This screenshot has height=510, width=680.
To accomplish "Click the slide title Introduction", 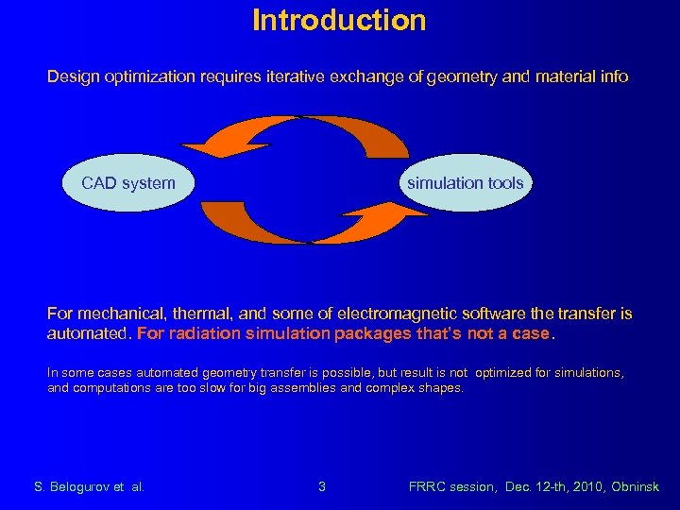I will click(x=339, y=20).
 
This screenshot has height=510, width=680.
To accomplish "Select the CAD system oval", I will click(x=128, y=183).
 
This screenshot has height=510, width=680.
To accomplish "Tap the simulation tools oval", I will click(x=465, y=183).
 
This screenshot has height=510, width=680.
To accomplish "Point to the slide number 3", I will click(x=322, y=487).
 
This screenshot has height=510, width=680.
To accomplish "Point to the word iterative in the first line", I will click(x=294, y=76).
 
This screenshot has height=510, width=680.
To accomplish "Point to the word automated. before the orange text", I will click(x=90, y=334).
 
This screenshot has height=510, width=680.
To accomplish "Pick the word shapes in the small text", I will click(x=441, y=388).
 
